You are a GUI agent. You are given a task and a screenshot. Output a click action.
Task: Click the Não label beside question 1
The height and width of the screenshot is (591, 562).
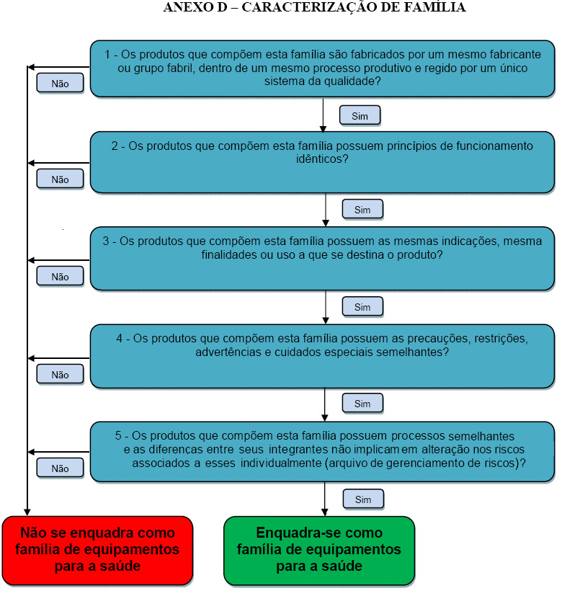tap(61, 84)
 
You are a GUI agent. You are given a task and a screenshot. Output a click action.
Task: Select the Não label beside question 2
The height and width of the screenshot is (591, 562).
tap(61, 179)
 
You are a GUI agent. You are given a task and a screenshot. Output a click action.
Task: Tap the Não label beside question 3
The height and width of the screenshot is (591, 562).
tap(61, 277)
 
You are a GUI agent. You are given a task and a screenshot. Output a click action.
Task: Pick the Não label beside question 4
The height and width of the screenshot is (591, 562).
tap(61, 375)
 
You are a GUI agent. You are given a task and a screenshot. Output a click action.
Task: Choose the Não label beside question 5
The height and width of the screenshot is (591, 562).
tap(61, 468)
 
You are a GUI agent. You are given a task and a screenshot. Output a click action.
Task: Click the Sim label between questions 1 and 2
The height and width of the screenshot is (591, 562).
tap(360, 116)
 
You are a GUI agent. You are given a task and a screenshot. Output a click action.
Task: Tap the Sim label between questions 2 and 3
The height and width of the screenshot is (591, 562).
tap(362, 210)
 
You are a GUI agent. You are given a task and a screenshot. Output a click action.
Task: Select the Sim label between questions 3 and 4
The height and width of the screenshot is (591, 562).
tap(362, 307)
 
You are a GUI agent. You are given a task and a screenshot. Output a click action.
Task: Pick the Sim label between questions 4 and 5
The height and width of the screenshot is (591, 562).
tap(362, 404)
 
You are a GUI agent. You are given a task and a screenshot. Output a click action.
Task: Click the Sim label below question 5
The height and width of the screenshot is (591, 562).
tap(363, 499)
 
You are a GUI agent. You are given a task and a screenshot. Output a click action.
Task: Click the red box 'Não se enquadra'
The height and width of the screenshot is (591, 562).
tap(97, 550)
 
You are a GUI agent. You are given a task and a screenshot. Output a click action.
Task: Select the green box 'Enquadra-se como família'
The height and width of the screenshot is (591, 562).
tap(319, 550)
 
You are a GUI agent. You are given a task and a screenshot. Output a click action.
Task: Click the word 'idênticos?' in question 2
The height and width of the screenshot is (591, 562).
tap(322, 159)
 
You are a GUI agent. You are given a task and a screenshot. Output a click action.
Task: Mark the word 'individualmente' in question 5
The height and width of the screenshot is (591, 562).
tap(281, 463)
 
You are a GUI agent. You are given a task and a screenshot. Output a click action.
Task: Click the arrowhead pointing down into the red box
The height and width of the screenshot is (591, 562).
tap(27, 512)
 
